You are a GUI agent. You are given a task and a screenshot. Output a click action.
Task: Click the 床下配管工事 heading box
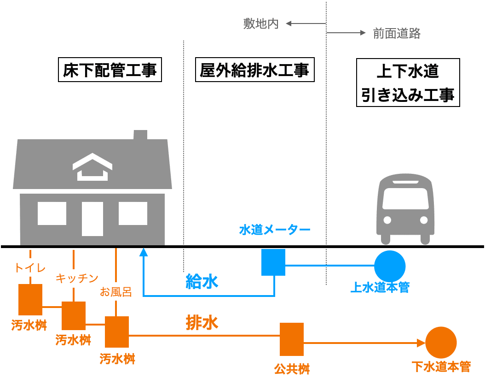coord(110,70)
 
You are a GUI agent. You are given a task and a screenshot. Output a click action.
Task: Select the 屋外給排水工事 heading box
coord(254,70)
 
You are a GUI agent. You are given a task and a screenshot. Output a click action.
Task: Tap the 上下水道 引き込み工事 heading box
coord(408,83)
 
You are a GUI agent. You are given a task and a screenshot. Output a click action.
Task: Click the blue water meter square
coord(273,262)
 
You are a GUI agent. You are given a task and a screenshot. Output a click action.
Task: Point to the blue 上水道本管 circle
coord(390,266)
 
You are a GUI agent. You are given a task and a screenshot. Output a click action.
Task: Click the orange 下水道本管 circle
coord(441,342)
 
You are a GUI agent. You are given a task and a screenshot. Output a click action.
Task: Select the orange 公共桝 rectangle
coord(292,339)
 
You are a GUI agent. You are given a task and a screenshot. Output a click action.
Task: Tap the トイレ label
coord(30,267)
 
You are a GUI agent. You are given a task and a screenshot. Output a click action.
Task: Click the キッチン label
coord(77,278)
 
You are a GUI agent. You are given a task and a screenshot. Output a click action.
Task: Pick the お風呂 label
coord(116,291)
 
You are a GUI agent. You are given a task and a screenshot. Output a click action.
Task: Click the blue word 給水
coord(202,281)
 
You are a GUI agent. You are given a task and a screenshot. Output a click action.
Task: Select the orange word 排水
coord(202,322)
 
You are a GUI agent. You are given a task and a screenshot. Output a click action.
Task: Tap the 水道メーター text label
coord(275,230)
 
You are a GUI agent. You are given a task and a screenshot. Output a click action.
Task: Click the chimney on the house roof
coord(140,135)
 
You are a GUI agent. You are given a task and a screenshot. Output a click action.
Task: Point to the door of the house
coord(92,219)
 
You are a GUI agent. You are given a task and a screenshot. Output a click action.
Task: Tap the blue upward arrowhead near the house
coord(144,252)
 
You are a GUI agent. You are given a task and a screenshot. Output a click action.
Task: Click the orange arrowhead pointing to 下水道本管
coord(421,343)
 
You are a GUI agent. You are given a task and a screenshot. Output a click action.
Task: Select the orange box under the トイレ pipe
coord(30,299)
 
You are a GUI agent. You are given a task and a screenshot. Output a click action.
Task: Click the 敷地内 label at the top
coord(261,24)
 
